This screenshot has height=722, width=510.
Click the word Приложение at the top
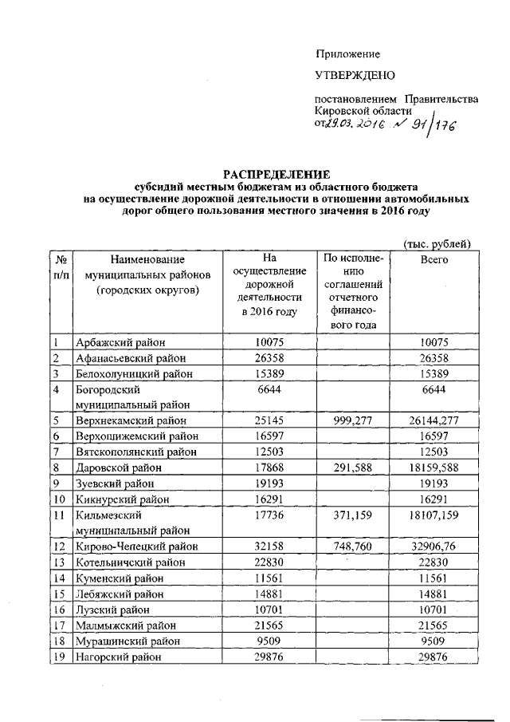(x=347, y=54)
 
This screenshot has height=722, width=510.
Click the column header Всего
(x=433, y=260)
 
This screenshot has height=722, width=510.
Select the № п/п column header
(x=60, y=267)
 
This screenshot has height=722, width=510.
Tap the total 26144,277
(x=433, y=420)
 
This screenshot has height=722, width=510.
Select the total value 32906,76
(x=433, y=546)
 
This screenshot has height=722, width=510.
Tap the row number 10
(x=60, y=499)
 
